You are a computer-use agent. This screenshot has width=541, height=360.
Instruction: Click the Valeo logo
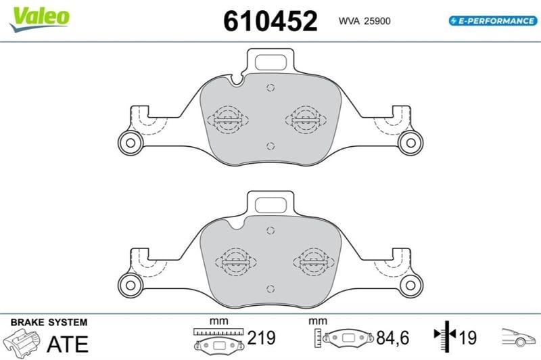40,19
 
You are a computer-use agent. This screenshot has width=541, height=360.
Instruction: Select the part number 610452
270,21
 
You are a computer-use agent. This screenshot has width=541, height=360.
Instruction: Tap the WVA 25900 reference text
364,21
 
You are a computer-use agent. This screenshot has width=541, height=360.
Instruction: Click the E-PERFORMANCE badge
493,21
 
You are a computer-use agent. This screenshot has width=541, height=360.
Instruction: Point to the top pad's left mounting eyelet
131,143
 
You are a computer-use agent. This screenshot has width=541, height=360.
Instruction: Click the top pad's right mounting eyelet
410,143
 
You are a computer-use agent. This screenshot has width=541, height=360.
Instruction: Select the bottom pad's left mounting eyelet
131,285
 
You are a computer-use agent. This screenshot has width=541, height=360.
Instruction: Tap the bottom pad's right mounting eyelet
410,285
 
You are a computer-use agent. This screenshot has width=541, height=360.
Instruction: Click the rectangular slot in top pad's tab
270,62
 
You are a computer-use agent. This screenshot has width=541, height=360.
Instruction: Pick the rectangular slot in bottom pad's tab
270,205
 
